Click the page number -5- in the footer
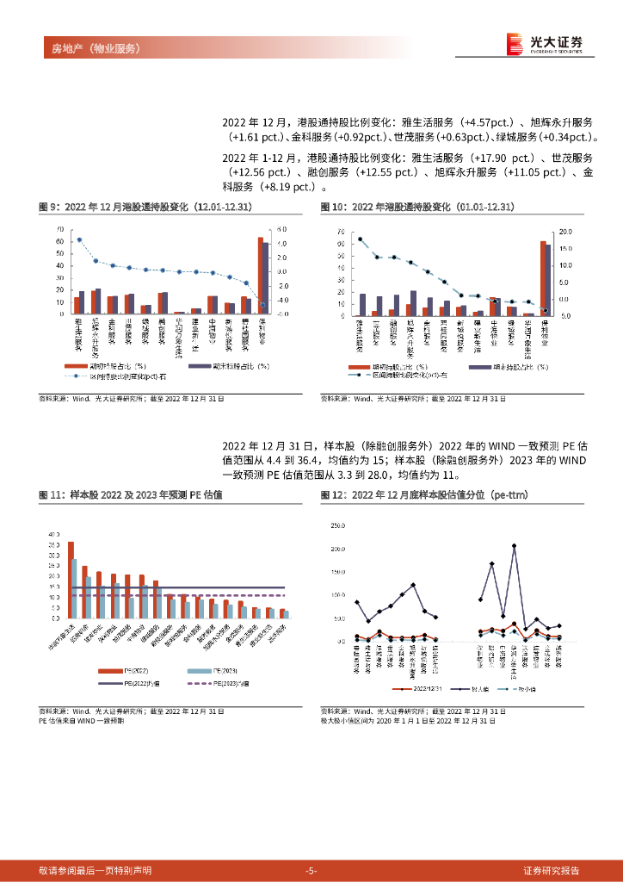(311, 870)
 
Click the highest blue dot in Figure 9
(79, 239)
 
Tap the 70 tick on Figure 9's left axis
(60, 229)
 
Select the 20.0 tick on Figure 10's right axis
(565, 232)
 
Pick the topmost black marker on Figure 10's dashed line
(360, 239)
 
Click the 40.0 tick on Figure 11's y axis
(54, 534)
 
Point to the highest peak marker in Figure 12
(514, 545)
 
